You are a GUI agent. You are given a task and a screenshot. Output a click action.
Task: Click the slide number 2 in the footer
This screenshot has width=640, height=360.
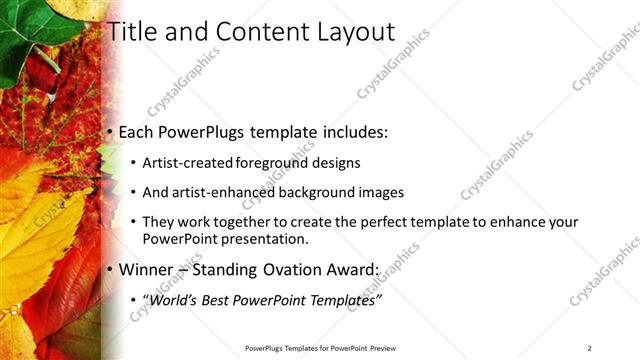[x=590, y=348]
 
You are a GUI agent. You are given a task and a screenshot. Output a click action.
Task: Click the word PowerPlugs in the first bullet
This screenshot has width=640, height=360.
[x=207, y=131]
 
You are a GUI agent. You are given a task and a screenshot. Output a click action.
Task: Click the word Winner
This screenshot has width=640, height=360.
[x=149, y=269]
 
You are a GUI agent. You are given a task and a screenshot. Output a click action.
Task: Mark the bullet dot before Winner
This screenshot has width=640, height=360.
[x=110, y=270]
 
